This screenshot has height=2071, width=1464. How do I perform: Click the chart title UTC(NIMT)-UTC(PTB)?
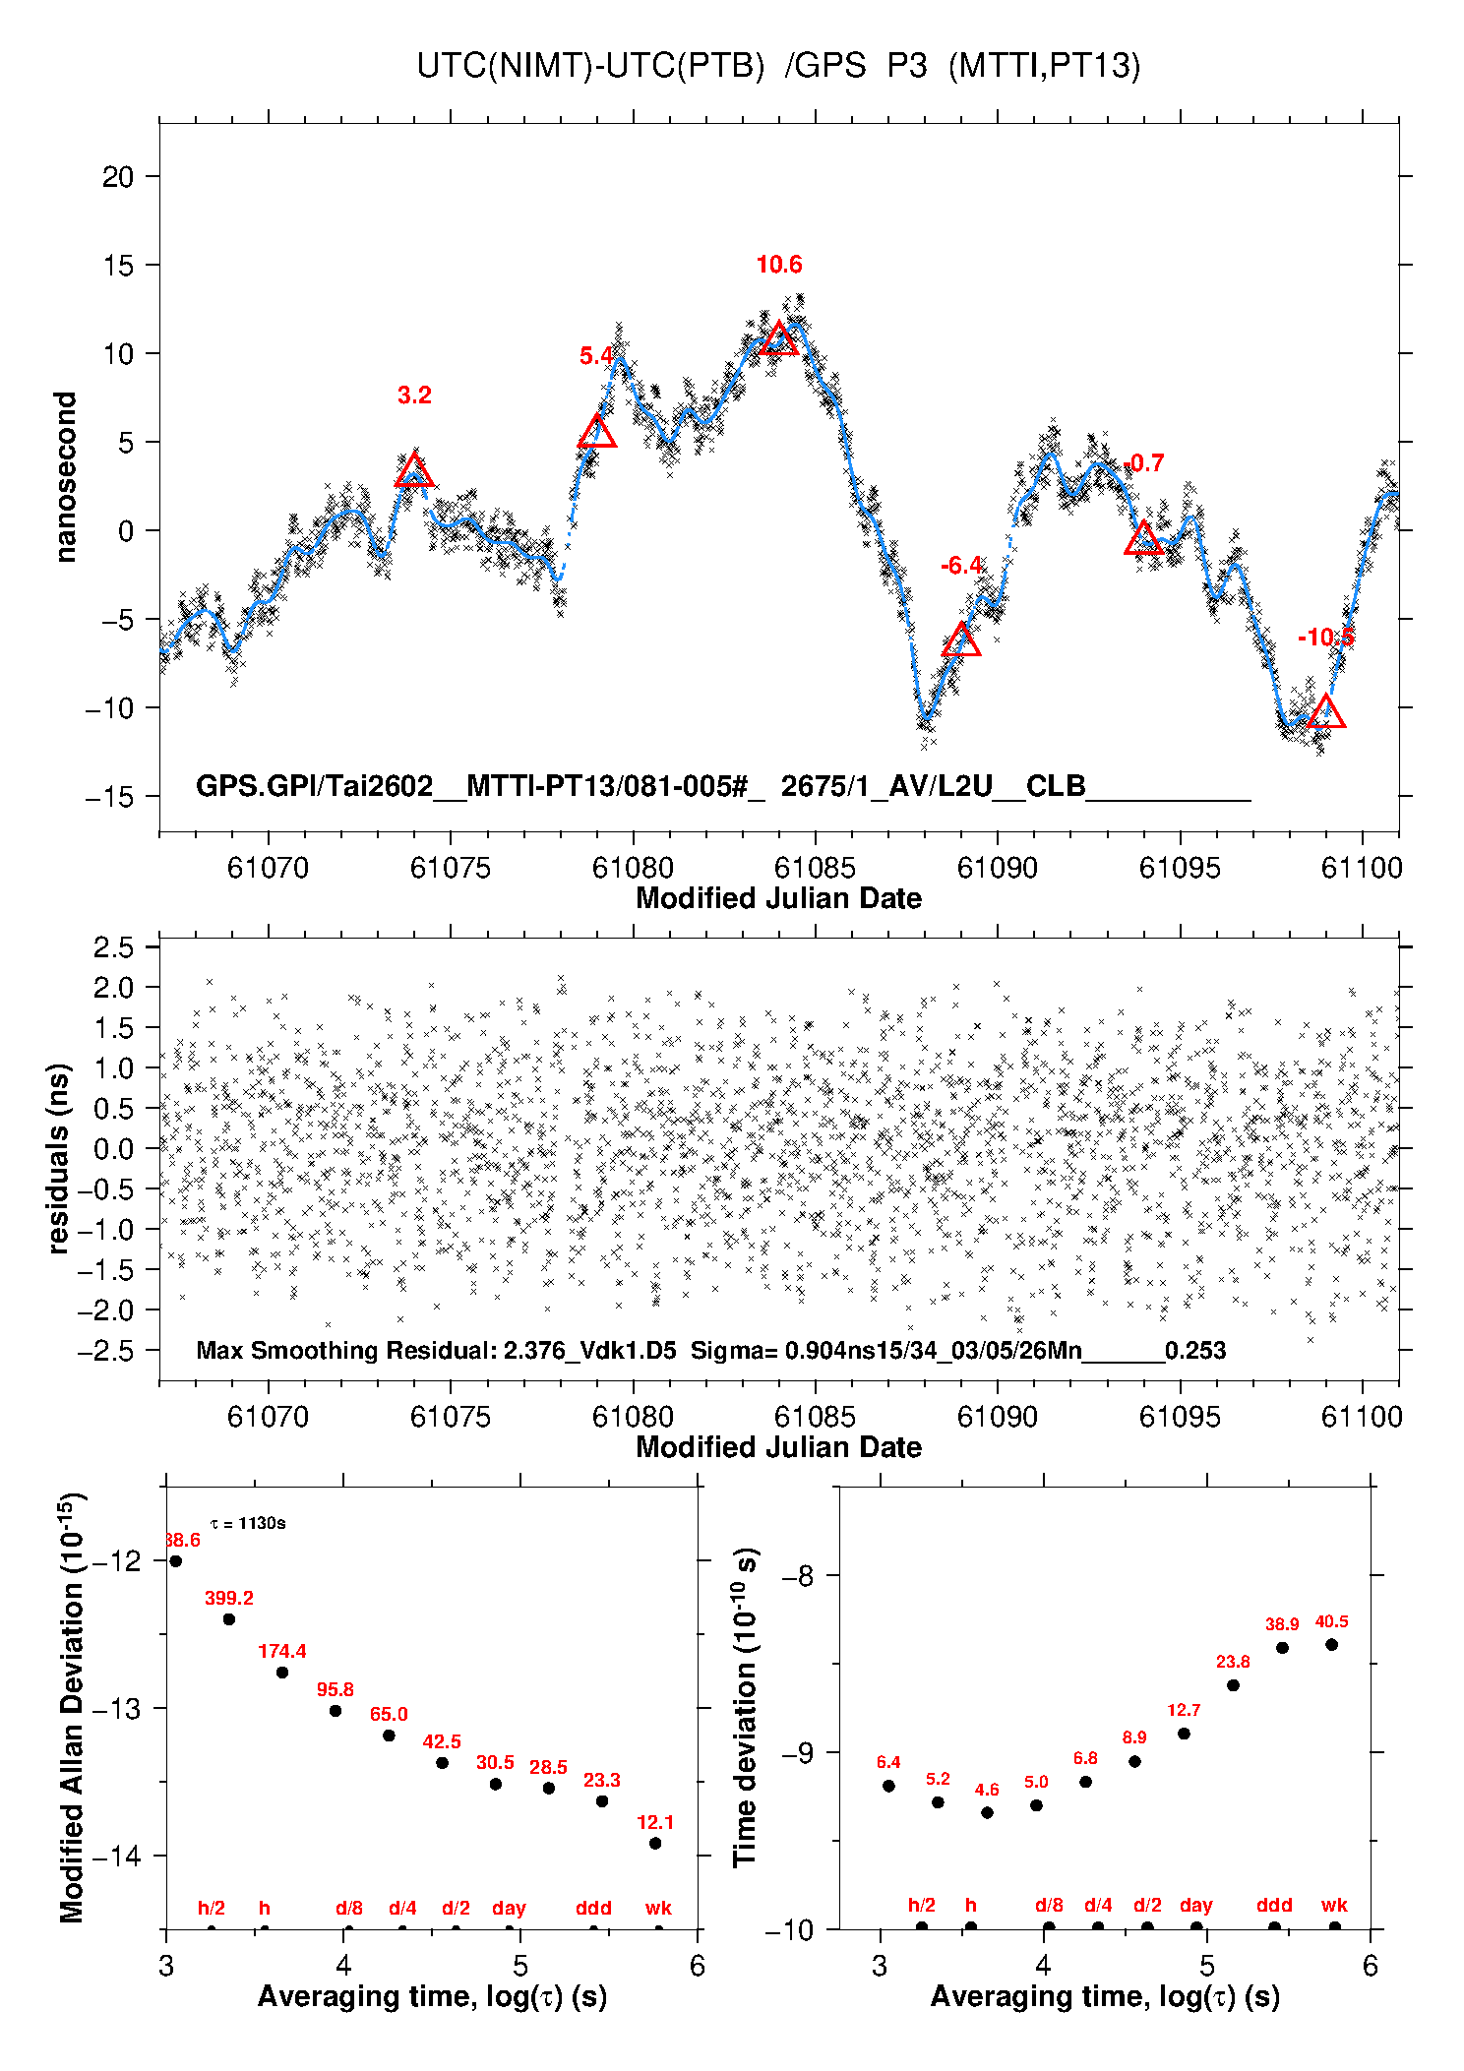pyautogui.click(x=590, y=66)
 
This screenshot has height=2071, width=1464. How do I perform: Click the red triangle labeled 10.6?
pyautogui.click(x=779, y=339)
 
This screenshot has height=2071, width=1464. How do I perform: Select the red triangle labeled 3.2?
pyautogui.click(x=414, y=471)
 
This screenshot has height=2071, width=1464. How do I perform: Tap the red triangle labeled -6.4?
pyautogui.click(x=961, y=641)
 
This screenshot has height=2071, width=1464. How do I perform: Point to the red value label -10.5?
pyautogui.click(x=1325, y=638)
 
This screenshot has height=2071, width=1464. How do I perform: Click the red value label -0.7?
pyautogui.click(x=1144, y=463)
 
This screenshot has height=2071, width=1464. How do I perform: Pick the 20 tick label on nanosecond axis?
pyautogui.click(x=117, y=177)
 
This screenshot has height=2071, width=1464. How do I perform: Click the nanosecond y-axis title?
pyautogui.click(x=65, y=477)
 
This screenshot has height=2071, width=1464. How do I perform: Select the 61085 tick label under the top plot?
pyautogui.click(x=815, y=868)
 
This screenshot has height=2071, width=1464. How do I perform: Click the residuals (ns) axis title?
pyautogui.click(x=59, y=1158)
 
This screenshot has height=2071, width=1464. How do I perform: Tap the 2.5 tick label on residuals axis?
pyautogui.click(x=113, y=947)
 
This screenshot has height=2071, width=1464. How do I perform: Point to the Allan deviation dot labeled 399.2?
pyautogui.click(x=229, y=1619)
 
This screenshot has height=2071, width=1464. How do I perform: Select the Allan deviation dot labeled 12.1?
pyautogui.click(x=655, y=1844)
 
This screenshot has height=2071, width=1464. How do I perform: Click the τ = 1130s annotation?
pyautogui.click(x=248, y=1524)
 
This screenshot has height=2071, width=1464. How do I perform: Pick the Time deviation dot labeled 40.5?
pyautogui.click(x=1331, y=1645)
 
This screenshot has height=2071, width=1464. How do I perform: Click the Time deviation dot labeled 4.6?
pyautogui.click(x=987, y=1812)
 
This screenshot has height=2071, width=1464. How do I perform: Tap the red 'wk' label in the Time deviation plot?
pyautogui.click(x=1334, y=1906)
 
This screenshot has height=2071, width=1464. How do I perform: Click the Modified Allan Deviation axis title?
pyautogui.click(x=71, y=1707)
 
